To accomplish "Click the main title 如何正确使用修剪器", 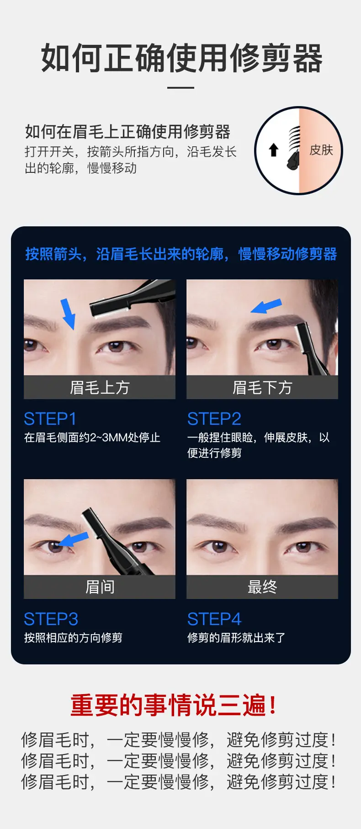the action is coord(181,59).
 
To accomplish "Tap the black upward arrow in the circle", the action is coord(273,150).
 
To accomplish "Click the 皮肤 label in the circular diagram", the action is coord(321,150).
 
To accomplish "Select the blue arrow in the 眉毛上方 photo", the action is coord(68,314).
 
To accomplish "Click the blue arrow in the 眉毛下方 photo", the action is coord(266,306).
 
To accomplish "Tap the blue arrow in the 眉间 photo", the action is coord(73,540).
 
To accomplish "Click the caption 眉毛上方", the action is coord(100,387).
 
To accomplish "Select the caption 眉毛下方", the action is coord(262,387).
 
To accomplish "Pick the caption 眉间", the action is coord(100,587).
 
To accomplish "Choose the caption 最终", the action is coord(262,587).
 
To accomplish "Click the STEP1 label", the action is coord(50,419).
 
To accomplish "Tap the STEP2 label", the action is coord(214,419).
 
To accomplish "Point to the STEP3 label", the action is coord(51,619).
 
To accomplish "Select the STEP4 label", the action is coord(214,619).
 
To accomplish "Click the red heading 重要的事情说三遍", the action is coord(174,705).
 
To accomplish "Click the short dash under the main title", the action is coord(180,87).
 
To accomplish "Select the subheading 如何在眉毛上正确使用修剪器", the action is coord(127,132).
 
